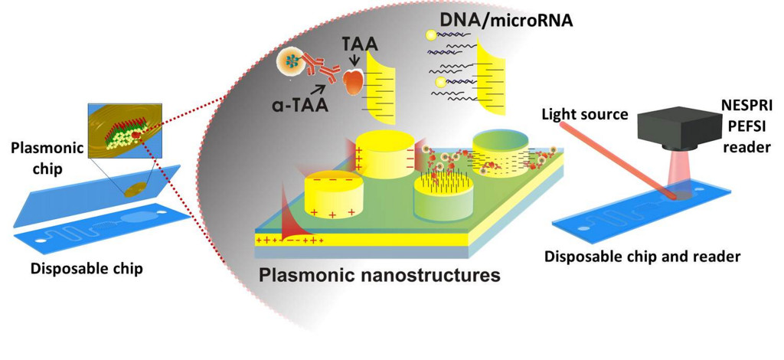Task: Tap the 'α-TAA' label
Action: [303, 106]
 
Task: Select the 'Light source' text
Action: [585, 115]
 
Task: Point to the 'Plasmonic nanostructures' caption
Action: [379, 274]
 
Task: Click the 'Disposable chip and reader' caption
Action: [642, 256]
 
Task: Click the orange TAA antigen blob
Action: [354, 83]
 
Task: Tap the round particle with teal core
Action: [291, 61]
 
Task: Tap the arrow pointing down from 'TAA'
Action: [353, 64]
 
